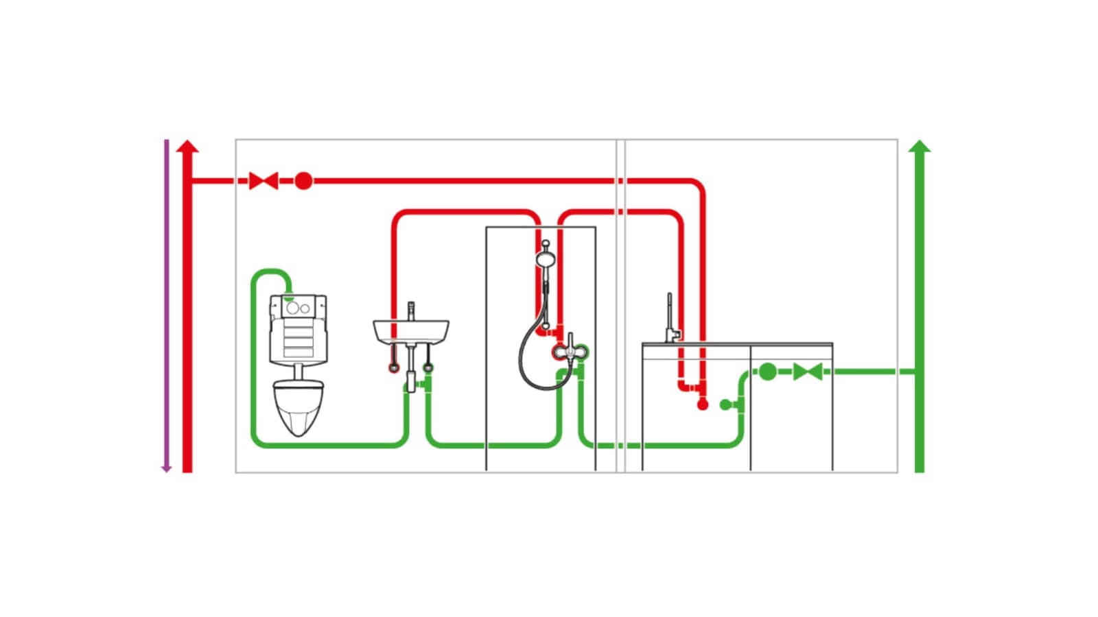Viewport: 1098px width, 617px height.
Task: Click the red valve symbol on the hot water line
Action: click(x=263, y=181)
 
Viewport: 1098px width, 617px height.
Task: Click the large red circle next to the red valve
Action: click(x=303, y=181)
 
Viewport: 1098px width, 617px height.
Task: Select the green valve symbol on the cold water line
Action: click(x=807, y=372)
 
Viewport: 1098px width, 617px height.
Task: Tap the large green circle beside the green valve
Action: click(x=768, y=372)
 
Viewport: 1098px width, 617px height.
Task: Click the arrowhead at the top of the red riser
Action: click(x=187, y=146)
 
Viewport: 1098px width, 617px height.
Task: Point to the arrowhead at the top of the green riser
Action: click(x=920, y=145)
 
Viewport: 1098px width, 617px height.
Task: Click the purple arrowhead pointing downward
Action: click(x=166, y=468)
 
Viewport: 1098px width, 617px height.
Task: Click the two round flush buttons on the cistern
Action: click(x=297, y=308)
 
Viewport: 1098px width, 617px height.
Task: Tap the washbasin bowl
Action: click(x=411, y=332)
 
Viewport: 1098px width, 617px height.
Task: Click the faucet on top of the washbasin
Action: click(x=411, y=310)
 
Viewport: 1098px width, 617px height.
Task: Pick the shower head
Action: click(x=546, y=259)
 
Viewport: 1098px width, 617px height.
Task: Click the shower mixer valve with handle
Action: click(x=570, y=351)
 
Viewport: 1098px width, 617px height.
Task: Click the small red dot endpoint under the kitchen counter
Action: click(x=702, y=405)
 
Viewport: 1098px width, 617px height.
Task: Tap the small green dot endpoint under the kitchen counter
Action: click(x=725, y=405)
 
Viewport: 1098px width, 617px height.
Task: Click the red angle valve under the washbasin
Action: click(x=394, y=368)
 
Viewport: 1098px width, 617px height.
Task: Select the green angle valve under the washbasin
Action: click(x=428, y=368)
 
